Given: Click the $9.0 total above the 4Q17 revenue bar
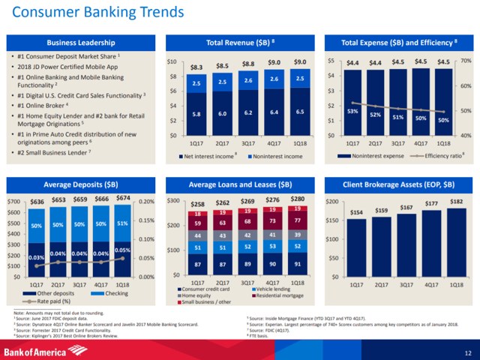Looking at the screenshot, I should (274, 61).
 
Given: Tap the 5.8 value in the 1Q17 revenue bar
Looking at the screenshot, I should (196, 113).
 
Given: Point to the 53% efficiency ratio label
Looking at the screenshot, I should (351, 110).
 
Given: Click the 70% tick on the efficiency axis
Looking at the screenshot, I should (465, 61).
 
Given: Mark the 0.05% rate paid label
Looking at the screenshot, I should (124, 250).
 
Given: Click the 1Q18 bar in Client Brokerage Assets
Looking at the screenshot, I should (455, 241).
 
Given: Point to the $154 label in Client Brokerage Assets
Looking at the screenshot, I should (357, 212).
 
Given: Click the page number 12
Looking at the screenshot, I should (467, 352).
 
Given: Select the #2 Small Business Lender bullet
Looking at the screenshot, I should (55, 153).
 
